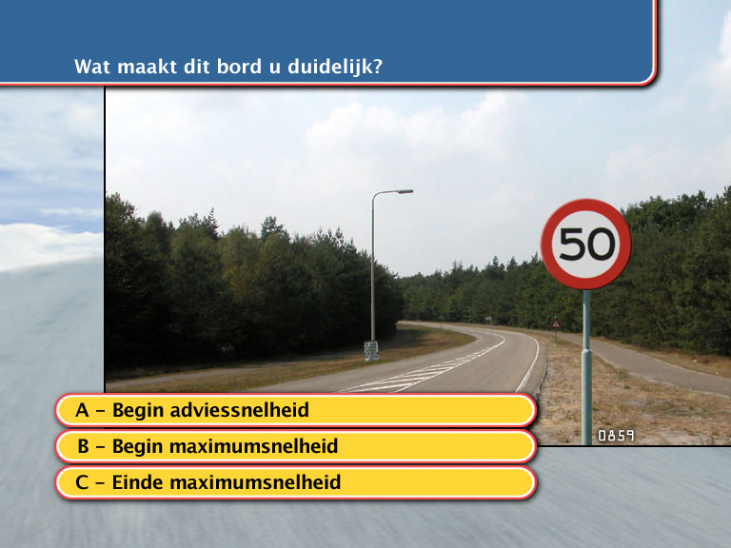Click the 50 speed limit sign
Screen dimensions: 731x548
coord(586,244)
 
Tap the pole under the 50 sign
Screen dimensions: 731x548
coord(586,367)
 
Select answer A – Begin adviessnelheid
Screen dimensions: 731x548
coord(296,410)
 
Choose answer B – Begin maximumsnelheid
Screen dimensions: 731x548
coord(296,446)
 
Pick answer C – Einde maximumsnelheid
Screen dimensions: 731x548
coord(296,482)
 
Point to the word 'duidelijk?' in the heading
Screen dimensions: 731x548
coord(335,67)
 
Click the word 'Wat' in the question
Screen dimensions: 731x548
coord(92,67)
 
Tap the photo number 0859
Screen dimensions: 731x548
coord(616,436)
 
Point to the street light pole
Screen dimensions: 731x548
coord(373,265)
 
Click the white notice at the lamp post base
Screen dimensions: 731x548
coord(371,350)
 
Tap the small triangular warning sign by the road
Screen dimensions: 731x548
coord(556,324)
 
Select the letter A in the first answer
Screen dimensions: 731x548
coord(82,410)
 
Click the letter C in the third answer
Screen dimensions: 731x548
coord(82,482)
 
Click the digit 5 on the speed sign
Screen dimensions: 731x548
coord(571,244)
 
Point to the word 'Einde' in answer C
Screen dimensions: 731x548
coord(137,482)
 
